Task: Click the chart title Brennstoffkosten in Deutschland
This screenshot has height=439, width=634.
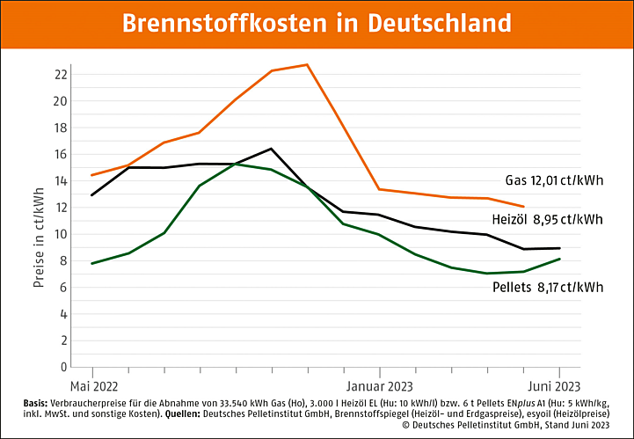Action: [317, 22]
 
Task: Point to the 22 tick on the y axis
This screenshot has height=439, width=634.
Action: [61, 74]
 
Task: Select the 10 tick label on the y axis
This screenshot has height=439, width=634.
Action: [61, 234]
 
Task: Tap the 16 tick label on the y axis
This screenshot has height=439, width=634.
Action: [61, 154]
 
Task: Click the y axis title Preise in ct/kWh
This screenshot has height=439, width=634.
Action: [39, 238]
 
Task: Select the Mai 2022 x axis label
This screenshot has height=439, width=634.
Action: [93, 385]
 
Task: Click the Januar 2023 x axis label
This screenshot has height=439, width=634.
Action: [379, 385]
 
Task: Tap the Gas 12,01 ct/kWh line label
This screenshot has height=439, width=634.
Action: [554, 180]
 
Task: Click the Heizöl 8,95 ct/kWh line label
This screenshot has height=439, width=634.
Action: [547, 218]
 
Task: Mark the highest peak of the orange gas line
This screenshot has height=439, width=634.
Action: [307, 64]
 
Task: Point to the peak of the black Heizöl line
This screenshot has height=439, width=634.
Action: [271, 149]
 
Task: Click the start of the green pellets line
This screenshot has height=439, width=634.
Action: [92, 263]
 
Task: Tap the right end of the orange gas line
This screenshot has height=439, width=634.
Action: [524, 207]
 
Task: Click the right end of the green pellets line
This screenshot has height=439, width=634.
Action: [560, 259]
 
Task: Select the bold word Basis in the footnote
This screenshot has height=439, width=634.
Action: [40, 402]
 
